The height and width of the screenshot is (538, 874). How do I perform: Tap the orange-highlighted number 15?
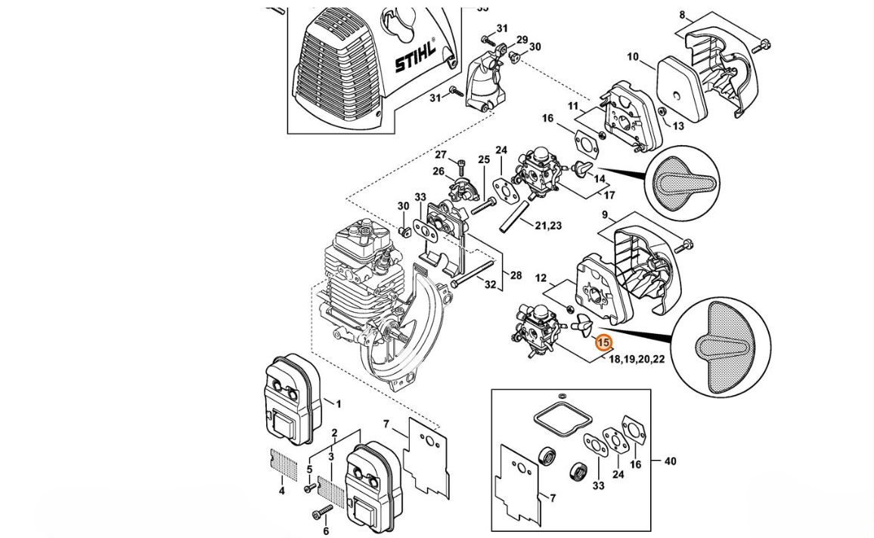pyautogui.click(x=603, y=343)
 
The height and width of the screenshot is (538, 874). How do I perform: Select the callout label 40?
pyautogui.click(x=670, y=461)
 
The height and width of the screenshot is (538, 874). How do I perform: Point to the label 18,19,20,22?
pyautogui.click(x=637, y=359)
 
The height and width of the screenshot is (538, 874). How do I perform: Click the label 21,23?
pyautogui.click(x=548, y=226)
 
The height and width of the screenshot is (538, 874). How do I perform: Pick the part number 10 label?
pyautogui.click(x=633, y=57)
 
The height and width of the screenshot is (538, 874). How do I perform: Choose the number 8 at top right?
pyautogui.click(x=682, y=15)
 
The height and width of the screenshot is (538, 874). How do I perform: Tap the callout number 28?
pyautogui.click(x=516, y=275)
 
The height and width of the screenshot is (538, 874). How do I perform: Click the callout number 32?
pyautogui.click(x=490, y=285)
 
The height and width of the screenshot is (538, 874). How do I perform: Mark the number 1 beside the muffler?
pyautogui.click(x=339, y=403)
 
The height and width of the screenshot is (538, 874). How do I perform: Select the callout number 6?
pyautogui.click(x=326, y=531)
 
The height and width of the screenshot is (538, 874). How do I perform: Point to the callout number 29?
pyautogui.click(x=522, y=39)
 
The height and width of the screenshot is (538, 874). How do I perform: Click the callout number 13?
pyautogui.click(x=677, y=126)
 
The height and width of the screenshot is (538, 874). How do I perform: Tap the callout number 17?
pyautogui.click(x=609, y=196)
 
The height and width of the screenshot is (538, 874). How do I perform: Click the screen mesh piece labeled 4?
pyautogui.click(x=281, y=462)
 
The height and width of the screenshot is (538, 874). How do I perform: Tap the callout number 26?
pyautogui.click(x=439, y=172)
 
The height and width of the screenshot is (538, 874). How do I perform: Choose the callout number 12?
pyautogui.click(x=541, y=278)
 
